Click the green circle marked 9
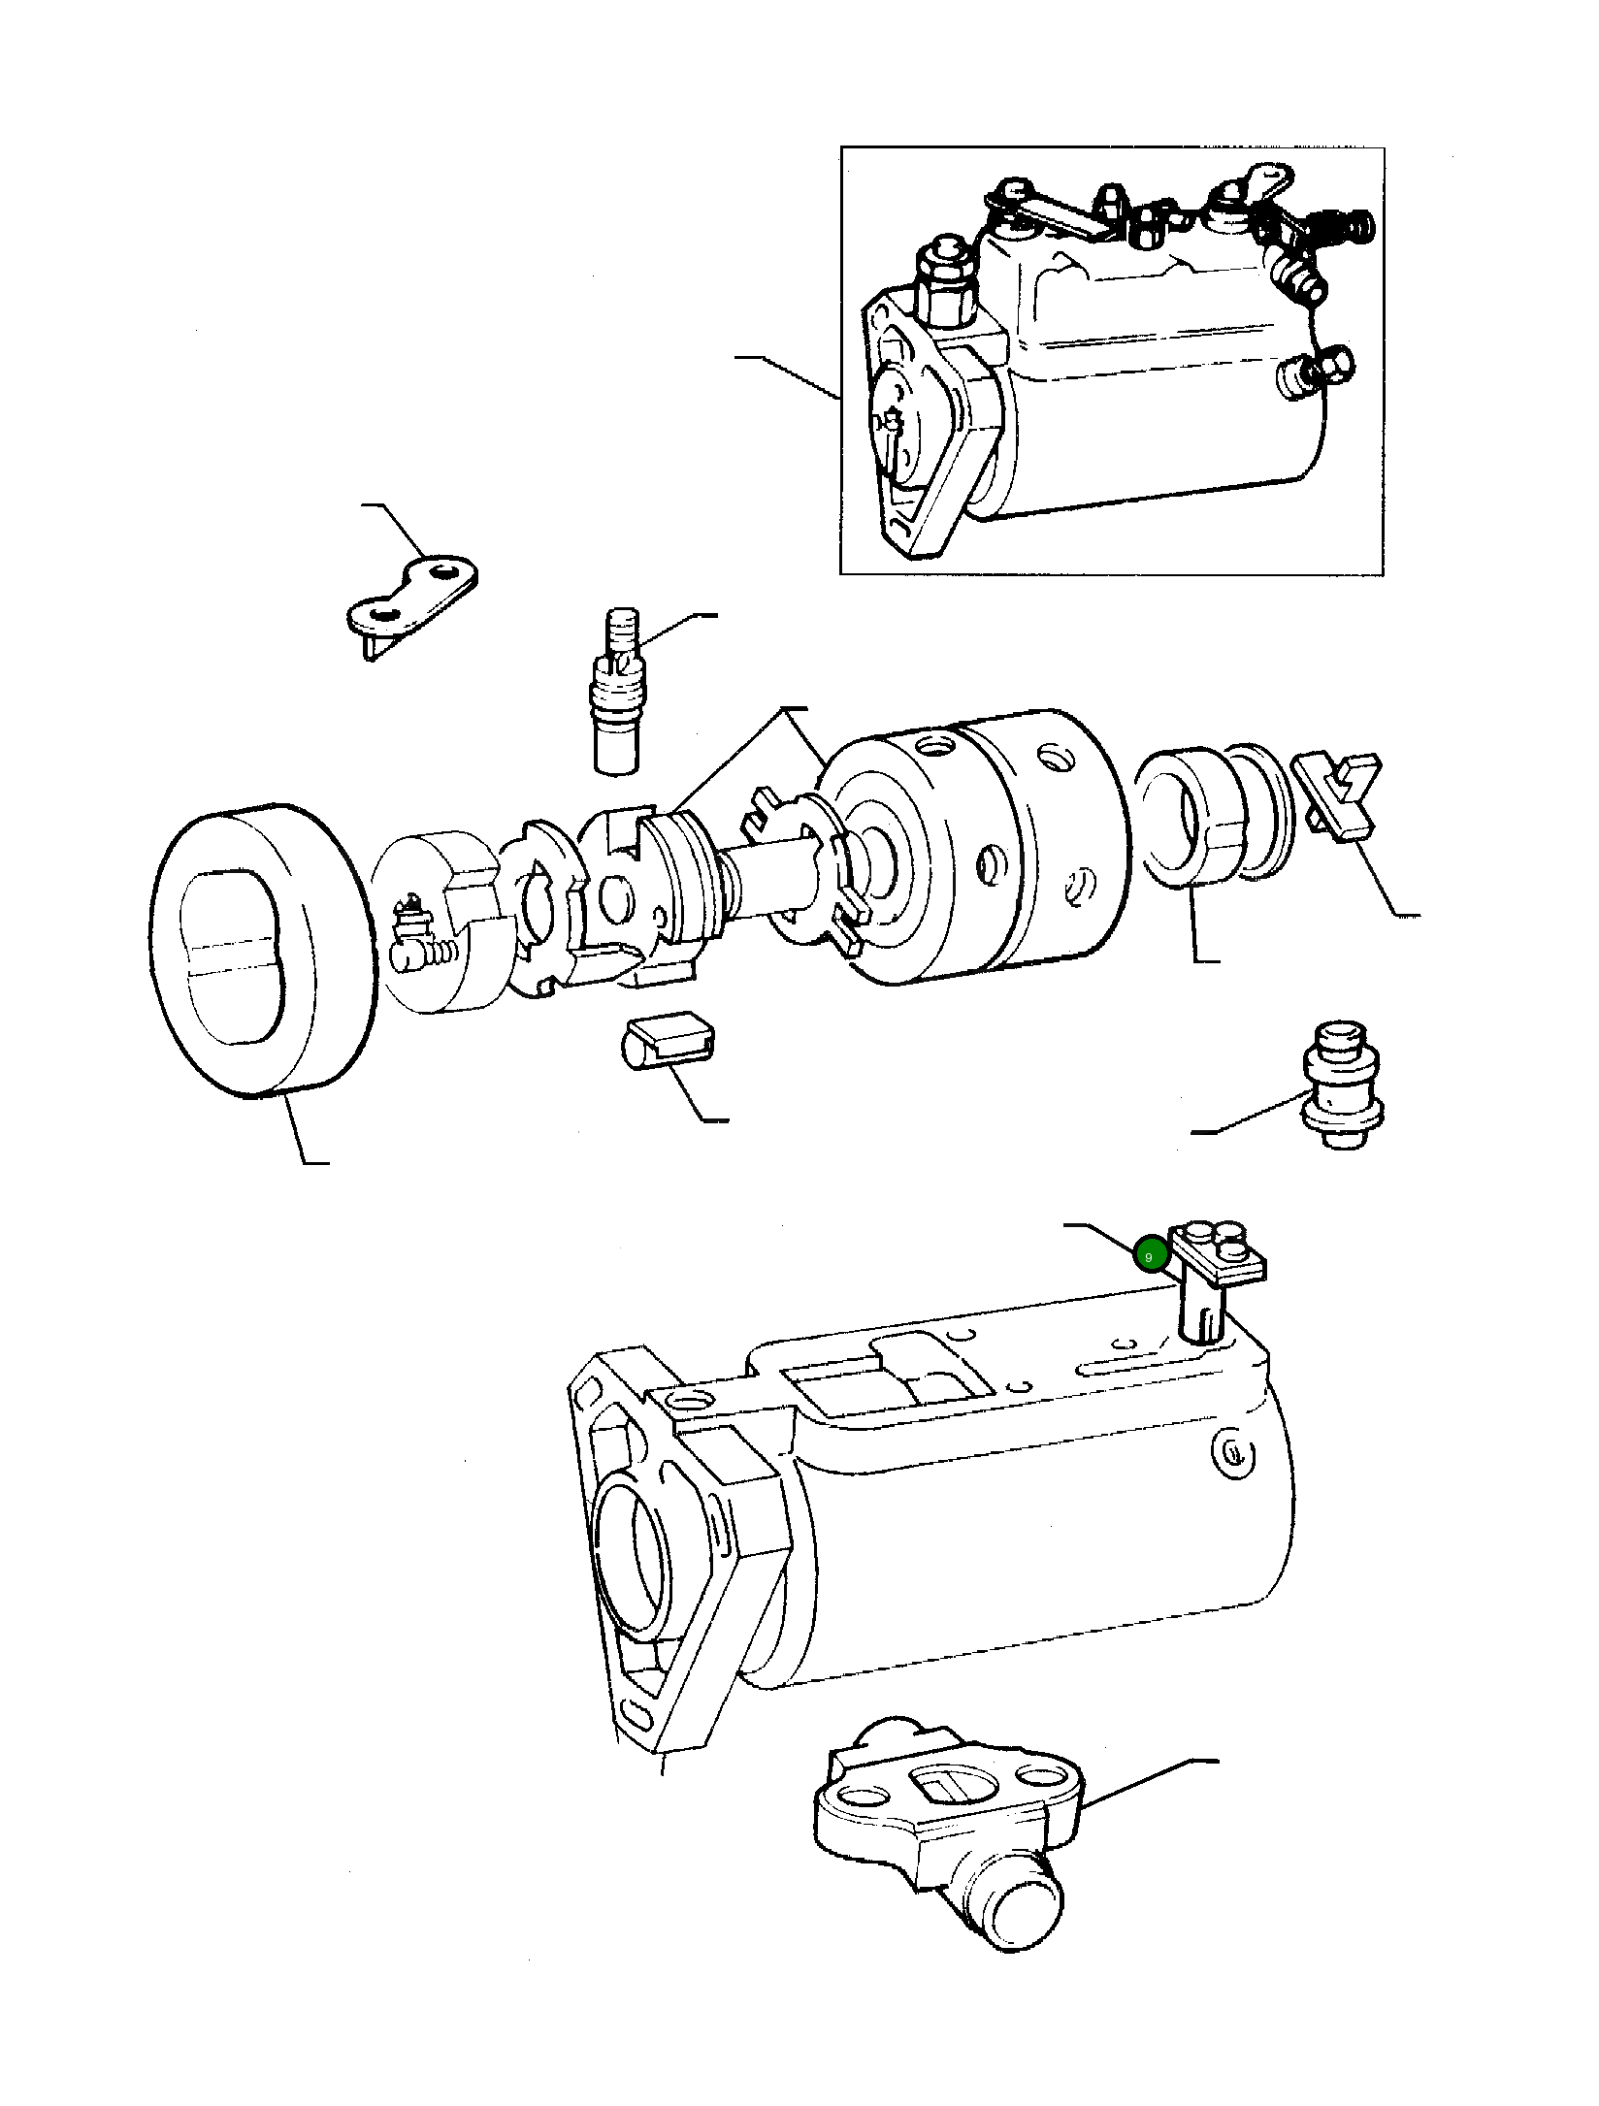(1149, 1256)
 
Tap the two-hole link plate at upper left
(412, 596)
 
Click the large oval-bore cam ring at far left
(262, 951)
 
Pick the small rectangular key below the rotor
(669, 1040)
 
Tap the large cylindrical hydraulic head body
(980, 844)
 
